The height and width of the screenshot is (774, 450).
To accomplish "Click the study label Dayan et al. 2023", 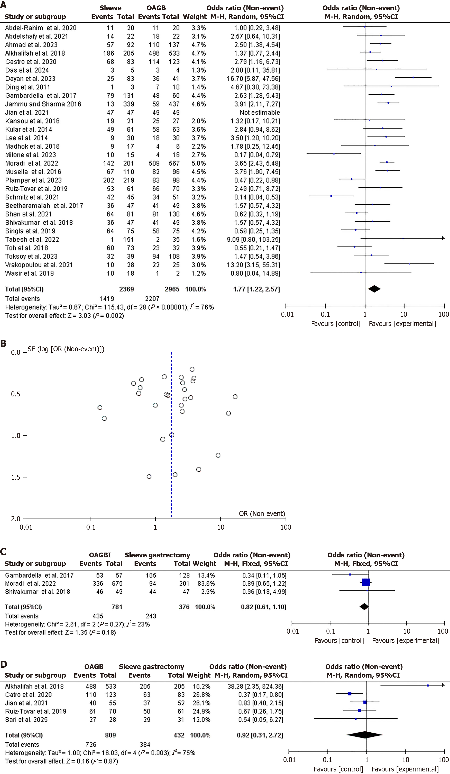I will [30, 79].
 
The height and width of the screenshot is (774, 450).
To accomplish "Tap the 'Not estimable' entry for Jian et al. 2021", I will [260, 112].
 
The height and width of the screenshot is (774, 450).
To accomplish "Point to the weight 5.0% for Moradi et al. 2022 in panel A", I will [198, 163].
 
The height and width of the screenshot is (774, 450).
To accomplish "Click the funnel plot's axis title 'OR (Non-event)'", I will [262, 513].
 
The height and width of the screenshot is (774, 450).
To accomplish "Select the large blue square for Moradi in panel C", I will [366, 582].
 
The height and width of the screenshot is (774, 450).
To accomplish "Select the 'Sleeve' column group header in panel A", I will [110, 8].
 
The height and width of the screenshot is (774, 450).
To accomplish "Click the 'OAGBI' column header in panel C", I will [100, 555].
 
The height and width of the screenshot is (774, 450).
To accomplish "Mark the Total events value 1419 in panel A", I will [107, 299].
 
